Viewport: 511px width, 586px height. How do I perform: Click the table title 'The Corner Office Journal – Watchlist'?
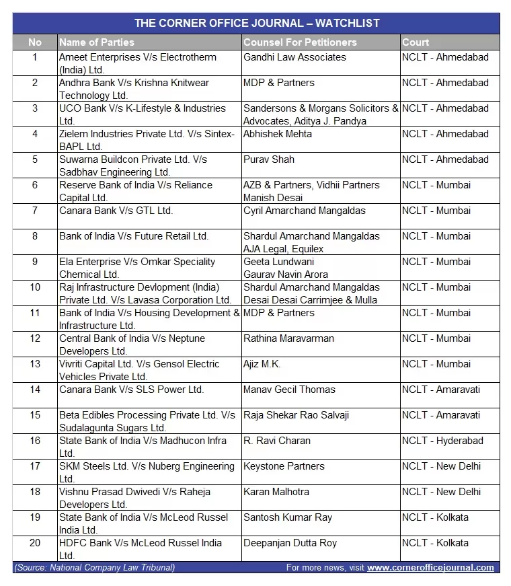pyautogui.click(x=256, y=23)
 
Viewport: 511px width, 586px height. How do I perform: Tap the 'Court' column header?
pyautogui.click(x=416, y=42)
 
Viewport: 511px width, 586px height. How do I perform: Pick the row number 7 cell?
pyautogui.click(x=35, y=211)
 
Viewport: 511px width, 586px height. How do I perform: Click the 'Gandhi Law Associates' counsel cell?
pyautogui.click(x=294, y=57)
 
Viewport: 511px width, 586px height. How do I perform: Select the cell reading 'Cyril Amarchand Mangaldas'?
pyautogui.click(x=305, y=211)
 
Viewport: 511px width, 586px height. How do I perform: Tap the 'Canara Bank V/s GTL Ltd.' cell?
pyautogui.click(x=116, y=211)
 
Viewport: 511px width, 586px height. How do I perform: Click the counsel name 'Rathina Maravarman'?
pyautogui.click(x=288, y=338)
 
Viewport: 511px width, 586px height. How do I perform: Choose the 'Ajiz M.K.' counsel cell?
pyautogui.click(x=262, y=364)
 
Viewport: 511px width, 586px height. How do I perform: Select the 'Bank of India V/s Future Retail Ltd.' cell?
pyautogui.click(x=134, y=236)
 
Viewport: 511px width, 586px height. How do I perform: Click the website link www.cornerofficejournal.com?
pyautogui.click(x=430, y=567)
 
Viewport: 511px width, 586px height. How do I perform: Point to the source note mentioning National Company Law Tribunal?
pyautogui.click(x=94, y=567)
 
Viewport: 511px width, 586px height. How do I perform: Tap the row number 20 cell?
pyautogui.click(x=35, y=543)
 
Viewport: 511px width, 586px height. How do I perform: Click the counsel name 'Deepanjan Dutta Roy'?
pyautogui.click(x=290, y=543)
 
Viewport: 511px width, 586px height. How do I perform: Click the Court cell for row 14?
pyautogui.click(x=441, y=390)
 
